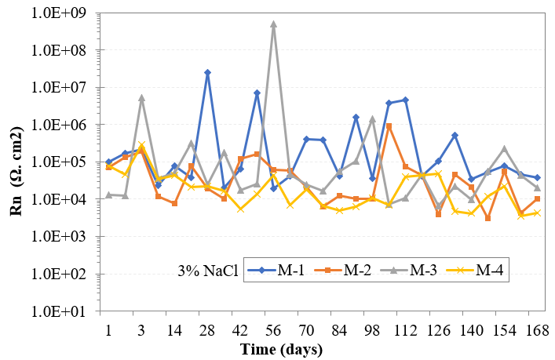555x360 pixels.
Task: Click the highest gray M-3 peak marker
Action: pyautogui.click(x=273, y=24)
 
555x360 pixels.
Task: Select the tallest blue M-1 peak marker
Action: pyautogui.click(x=207, y=72)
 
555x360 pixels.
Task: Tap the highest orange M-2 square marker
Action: pyautogui.click(x=389, y=126)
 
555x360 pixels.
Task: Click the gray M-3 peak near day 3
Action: pyautogui.click(x=141, y=98)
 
